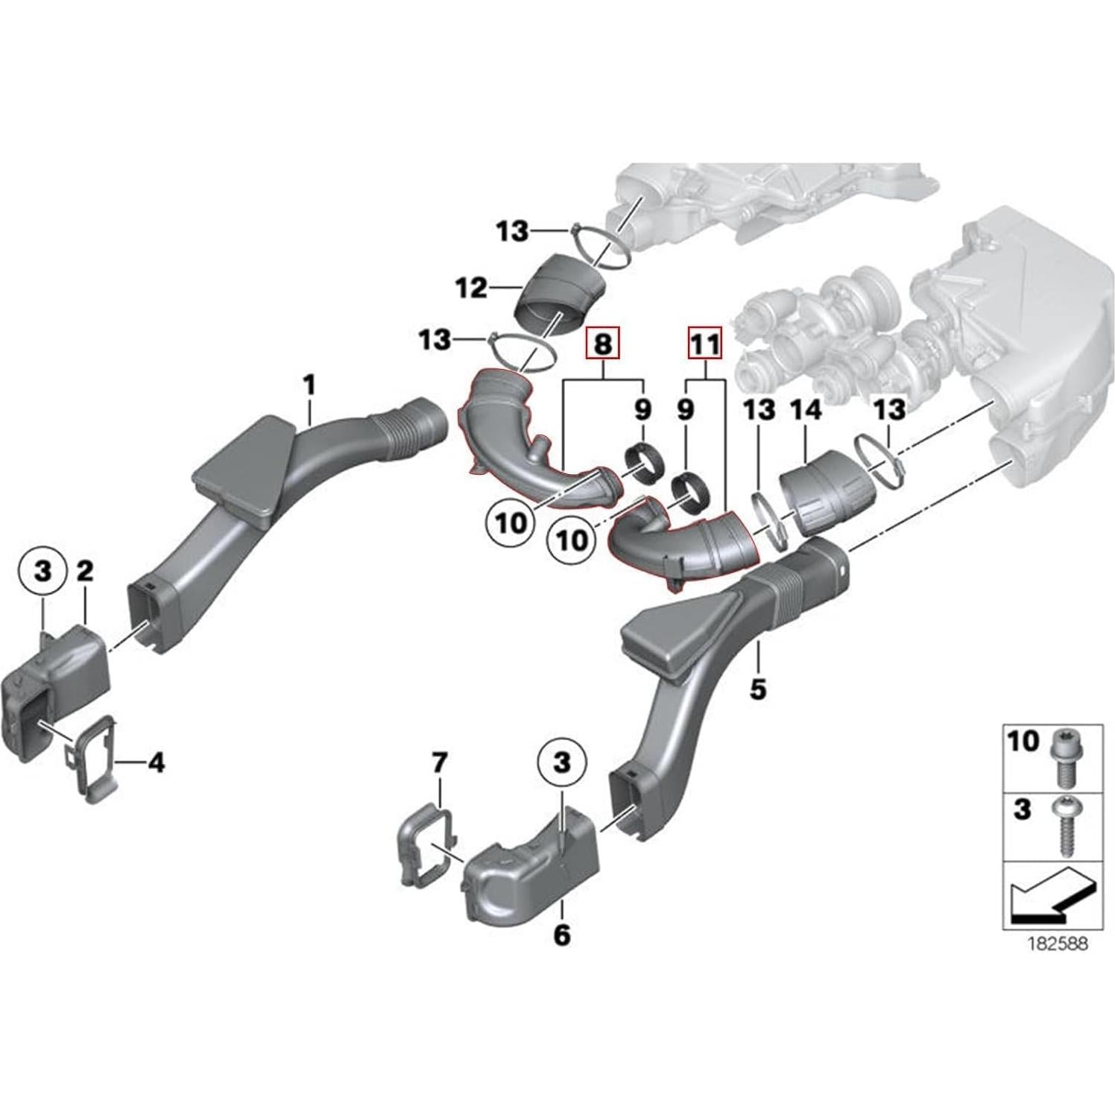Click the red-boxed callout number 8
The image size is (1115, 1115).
[x=602, y=344]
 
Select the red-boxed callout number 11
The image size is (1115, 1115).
[x=705, y=344]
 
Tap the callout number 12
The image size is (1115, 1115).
[x=471, y=288]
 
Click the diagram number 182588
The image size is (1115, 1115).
[x=1058, y=944]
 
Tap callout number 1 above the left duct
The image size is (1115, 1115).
[x=309, y=385]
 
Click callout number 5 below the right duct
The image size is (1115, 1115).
[x=757, y=689]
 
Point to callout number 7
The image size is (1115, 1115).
[x=440, y=762]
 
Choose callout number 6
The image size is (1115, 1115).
[x=561, y=933]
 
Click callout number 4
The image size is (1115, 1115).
[x=156, y=762]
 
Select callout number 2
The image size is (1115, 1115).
[x=85, y=572]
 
